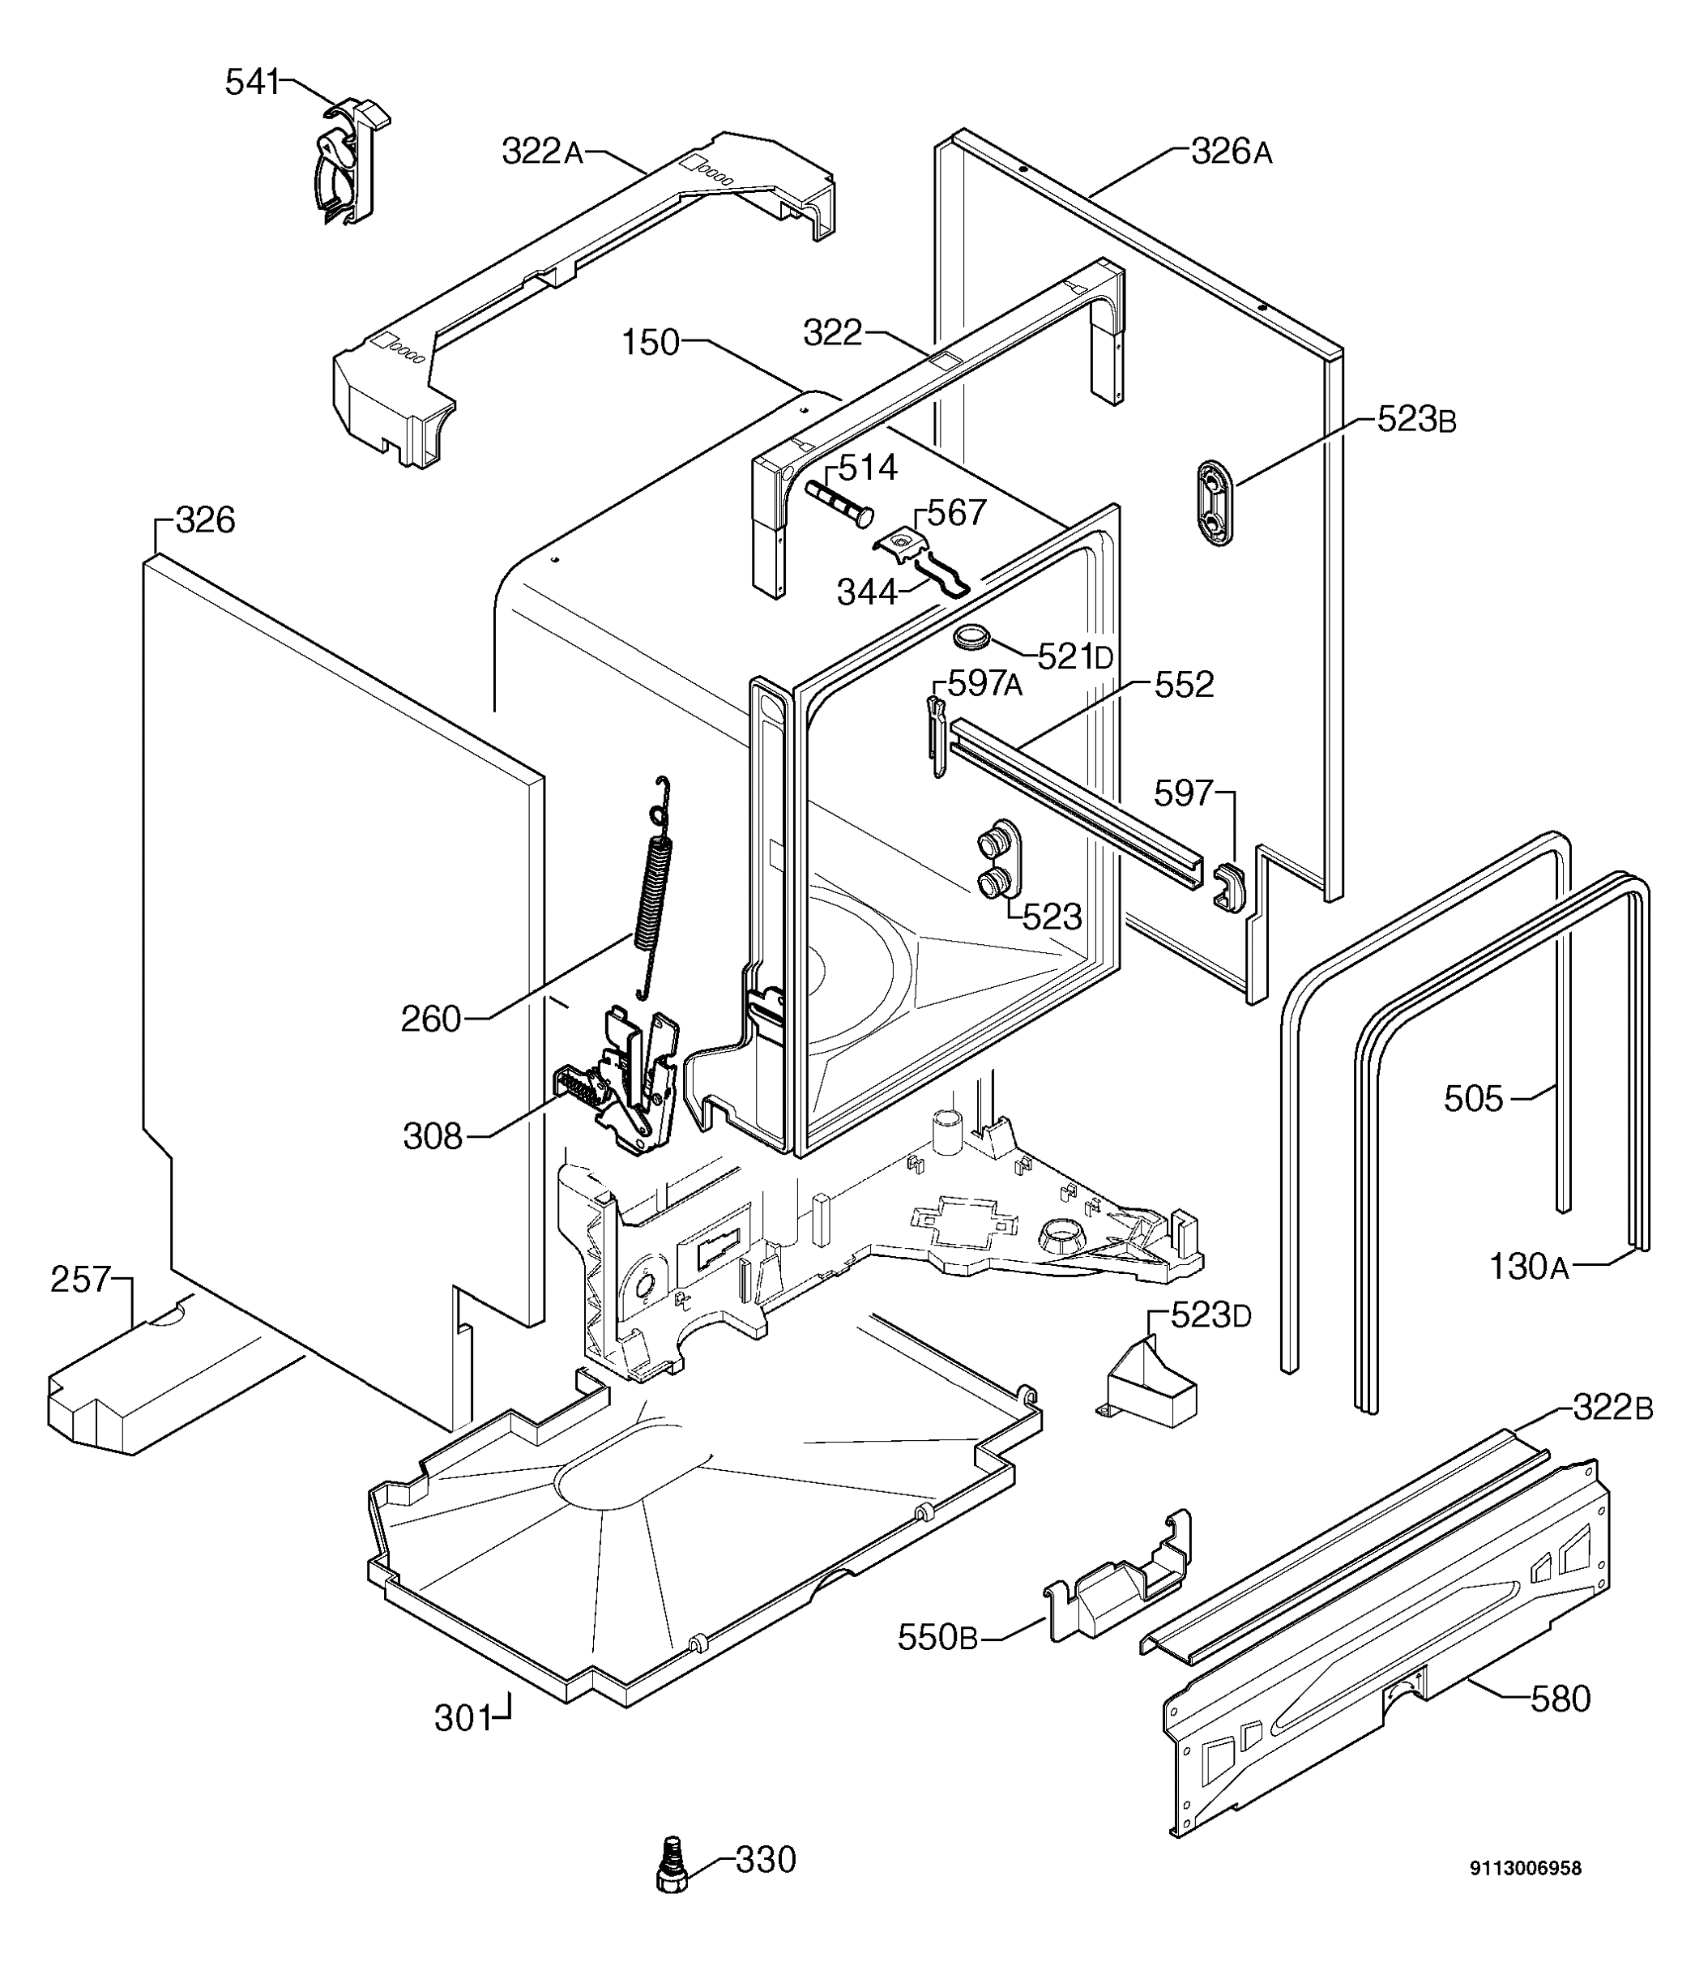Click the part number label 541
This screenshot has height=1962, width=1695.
tap(252, 83)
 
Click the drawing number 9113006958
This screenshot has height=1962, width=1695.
tap(1525, 1868)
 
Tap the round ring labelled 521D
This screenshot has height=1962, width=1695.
tap(971, 637)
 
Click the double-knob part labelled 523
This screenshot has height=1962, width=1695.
tap(998, 860)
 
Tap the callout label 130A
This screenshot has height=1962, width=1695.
tap(1528, 1267)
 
